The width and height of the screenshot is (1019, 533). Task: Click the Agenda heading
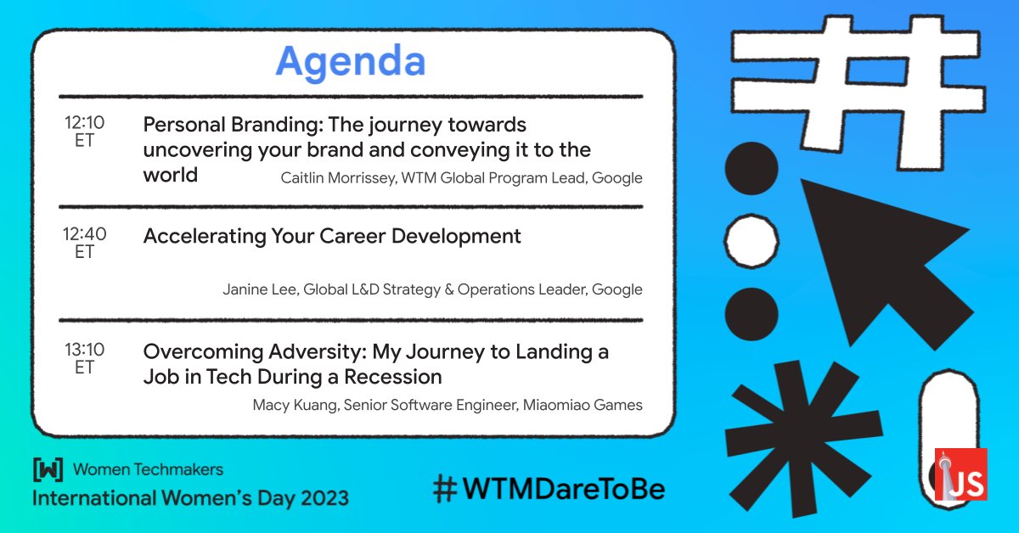pyautogui.click(x=350, y=61)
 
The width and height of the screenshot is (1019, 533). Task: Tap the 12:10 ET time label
pyautogui.click(x=85, y=131)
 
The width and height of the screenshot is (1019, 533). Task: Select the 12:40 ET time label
pyautogui.click(x=85, y=243)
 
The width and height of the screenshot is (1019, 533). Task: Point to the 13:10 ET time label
pyautogui.click(x=85, y=358)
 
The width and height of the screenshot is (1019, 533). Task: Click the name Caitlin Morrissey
pyautogui.click(x=339, y=178)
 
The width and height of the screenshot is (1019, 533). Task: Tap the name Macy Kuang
pyautogui.click(x=296, y=405)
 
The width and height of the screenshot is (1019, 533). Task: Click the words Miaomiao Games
pyautogui.click(x=583, y=405)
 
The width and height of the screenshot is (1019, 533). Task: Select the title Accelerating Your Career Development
pyautogui.click(x=332, y=236)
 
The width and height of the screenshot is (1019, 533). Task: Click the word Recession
pyautogui.click(x=392, y=377)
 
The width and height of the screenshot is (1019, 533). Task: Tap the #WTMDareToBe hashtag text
pyautogui.click(x=549, y=489)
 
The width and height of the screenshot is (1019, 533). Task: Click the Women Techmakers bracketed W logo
pyautogui.click(x=48, y=469)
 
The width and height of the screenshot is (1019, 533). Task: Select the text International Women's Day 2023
pyautogui.click(x=190, y=498)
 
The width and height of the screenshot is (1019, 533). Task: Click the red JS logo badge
pyautogui.click(x=960, y=474)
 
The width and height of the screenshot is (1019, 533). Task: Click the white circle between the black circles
pyautogui.click(x=752, y=240)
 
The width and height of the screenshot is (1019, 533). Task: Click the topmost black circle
pyautogui.click(x=752, y=168)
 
